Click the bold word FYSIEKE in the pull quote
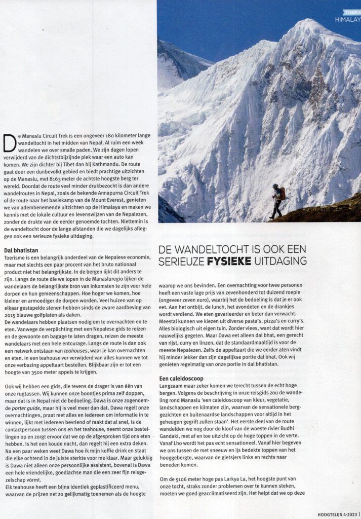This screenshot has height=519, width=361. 231,262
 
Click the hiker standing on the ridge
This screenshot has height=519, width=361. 277,201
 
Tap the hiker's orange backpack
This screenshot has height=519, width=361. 282,193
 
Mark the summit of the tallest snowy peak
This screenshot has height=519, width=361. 307,21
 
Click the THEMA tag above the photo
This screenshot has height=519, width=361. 351,12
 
